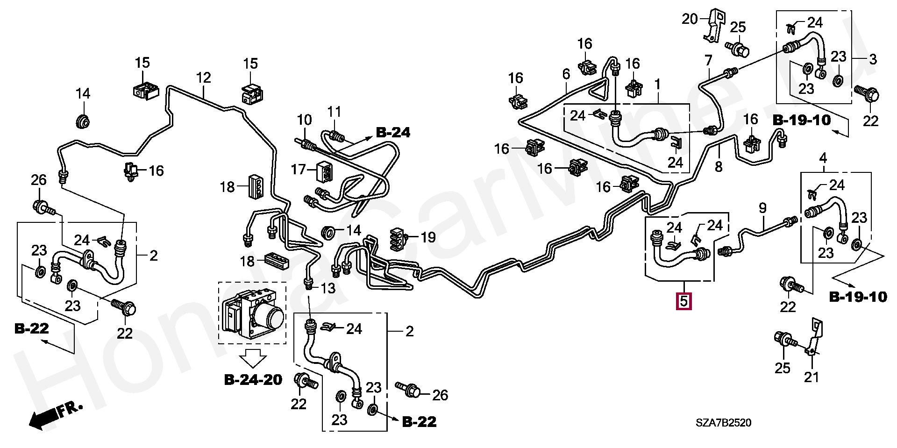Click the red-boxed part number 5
point(684,301)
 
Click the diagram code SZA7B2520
point(724,423)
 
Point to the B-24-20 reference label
point(253,380)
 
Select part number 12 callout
point(204,78)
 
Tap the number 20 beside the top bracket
point(690,19)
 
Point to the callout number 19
point(428,237)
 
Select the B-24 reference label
point(393,133)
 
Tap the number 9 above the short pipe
point(762,208)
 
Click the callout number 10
point(304,120)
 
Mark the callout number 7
point(708,61)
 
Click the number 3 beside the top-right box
point(873,59)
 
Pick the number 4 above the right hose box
point(823,158)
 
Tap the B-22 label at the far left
point(31,328)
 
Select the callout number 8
point(719,166)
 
